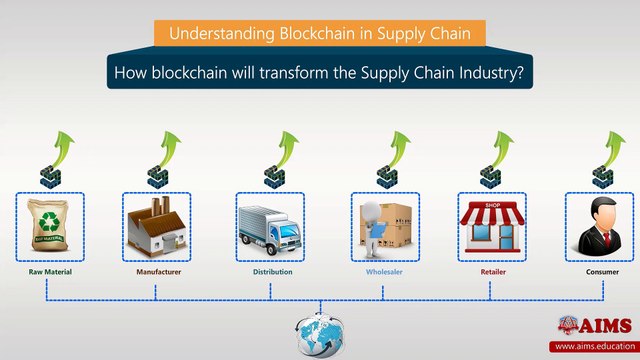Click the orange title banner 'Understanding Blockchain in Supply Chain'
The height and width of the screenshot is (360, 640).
pos(320,33)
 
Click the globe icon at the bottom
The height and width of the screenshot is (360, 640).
pos(320,335)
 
